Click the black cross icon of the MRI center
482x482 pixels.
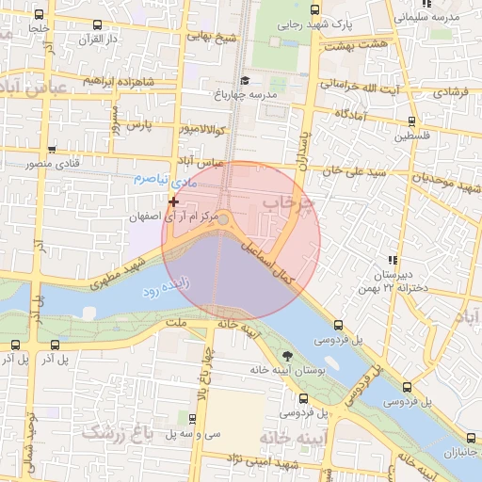click(173, 201)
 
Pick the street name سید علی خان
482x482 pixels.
click(354, 172)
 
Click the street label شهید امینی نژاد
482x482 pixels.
click(257, 458)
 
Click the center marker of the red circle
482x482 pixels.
click(224, 219)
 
